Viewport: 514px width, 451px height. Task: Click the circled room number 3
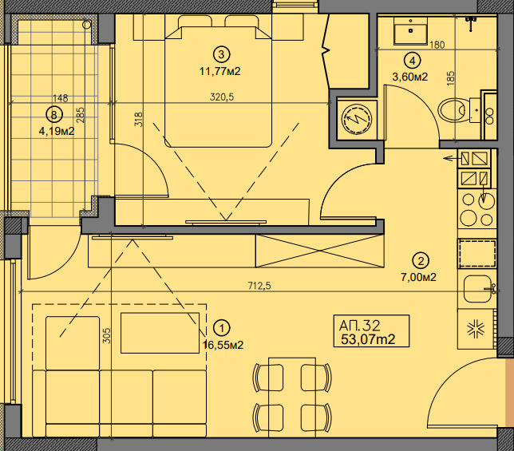(222, 54)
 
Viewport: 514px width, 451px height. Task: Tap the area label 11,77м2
(220, 71)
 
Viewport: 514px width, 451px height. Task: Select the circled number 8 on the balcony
(54, 115)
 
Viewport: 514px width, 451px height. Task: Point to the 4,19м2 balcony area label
(57, 132)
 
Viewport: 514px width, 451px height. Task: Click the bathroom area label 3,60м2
(410, 77)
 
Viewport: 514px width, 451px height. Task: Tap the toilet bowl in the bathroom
(452, 109)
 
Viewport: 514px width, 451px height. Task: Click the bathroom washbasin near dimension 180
(410, 30)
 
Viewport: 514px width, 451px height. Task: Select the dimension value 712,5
(259, 286)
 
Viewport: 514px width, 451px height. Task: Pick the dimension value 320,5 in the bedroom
(222, 97)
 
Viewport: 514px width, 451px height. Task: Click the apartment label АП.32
(360, 326)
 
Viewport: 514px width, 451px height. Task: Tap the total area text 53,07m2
(368, 339)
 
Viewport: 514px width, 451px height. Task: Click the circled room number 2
(421, 261)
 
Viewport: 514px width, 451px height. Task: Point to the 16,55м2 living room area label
(223, 345)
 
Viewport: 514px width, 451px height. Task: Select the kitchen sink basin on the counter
(477, 289)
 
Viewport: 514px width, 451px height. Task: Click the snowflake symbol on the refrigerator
(476, 329)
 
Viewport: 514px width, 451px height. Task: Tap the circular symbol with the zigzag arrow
(356, 119)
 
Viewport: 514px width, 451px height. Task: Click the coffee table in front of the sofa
(160, 333)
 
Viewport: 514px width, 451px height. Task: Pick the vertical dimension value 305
(107, 336)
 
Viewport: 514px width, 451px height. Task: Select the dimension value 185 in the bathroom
(450, 79)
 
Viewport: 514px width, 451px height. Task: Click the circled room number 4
(413, 61)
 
